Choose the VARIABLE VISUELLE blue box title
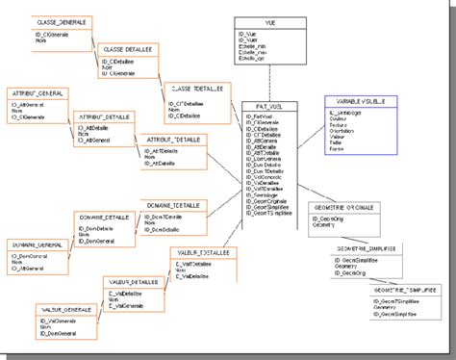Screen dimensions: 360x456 [355, 99]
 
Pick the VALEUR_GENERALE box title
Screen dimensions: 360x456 [66, 310]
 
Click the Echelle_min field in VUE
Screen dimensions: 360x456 [254, 49]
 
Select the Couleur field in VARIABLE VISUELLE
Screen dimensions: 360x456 [339, 119]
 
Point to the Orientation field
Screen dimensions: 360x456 [342, 131]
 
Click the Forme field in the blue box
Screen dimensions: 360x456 [337, 148]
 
